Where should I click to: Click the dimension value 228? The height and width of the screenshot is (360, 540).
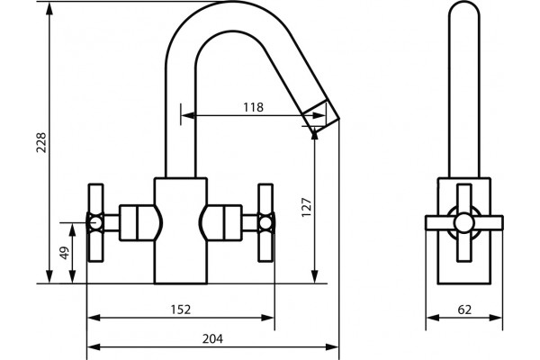point(41,142)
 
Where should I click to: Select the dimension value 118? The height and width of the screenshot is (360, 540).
point(253,107)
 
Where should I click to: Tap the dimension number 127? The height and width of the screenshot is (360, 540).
point(306,207)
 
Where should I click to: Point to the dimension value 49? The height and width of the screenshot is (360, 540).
point(65,253)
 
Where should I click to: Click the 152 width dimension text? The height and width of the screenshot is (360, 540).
point(181,310)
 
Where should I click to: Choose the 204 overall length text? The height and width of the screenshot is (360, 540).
point(212,338)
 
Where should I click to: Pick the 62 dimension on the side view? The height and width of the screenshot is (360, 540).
point(464,310)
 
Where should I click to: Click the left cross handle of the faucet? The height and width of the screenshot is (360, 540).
point(95,223)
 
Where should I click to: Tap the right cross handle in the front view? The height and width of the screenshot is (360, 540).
point(265,223)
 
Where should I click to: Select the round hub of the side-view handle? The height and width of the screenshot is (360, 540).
point(463,223)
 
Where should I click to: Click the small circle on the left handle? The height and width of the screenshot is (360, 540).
point(94,223)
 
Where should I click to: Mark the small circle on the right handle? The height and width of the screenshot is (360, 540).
point(265,223)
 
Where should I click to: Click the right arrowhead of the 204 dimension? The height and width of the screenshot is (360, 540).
point(333,346)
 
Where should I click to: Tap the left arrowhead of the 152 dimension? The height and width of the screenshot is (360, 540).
point(94,318)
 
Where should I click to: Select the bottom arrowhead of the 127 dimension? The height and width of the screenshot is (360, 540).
point(314,276)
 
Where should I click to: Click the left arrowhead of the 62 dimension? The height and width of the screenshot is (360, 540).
point(433,318)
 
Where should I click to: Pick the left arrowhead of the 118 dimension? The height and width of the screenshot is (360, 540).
point(187,115)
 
